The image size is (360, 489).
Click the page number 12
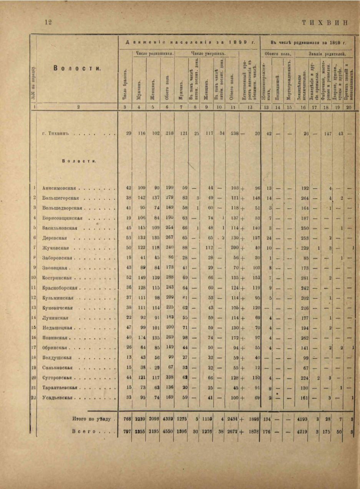pyautogui.click(x=48, y=22)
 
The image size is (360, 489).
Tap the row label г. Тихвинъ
pyautogui.click(x=57, y=134)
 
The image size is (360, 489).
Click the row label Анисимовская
pyautogui.click(x=60, y=188)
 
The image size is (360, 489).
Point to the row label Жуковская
pyautogui.click(x=56, y=248)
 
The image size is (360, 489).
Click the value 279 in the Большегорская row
pyautogui.click(x=169, y=198)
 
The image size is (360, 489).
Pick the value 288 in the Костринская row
pyautogui.click(x=169, y=278)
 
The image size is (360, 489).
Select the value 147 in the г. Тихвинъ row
pyautogui.click(x=327, y=134)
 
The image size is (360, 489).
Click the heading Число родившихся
pyautogui.click(x=153, y=53)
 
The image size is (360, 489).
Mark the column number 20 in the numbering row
pyautogui.click(x=349, y=107)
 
